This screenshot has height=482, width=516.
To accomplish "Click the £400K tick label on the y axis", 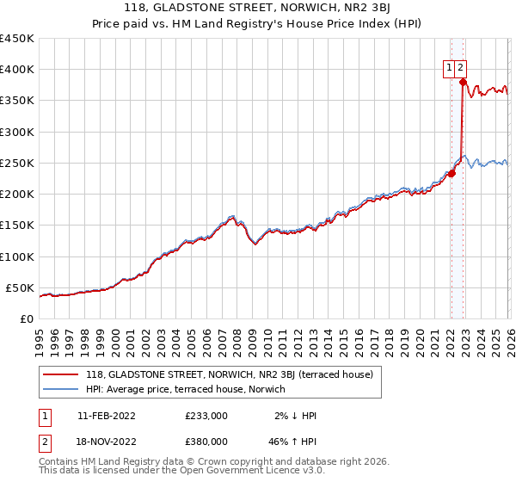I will (x=17, y=70).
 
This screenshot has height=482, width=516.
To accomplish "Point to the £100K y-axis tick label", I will (x=17, y=256).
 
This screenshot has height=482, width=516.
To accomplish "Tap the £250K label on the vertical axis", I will (x=17, y=163).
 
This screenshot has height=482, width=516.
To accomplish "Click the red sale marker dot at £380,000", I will (x=463, y=83).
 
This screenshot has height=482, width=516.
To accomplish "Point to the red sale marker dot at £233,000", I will (x=451, y=174).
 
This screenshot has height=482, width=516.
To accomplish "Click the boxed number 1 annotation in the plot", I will (x=450, y=68).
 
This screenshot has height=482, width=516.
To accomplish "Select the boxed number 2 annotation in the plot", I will (x=461, y=68).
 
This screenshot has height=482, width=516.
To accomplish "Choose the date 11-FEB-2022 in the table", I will (x=107, y=416).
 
